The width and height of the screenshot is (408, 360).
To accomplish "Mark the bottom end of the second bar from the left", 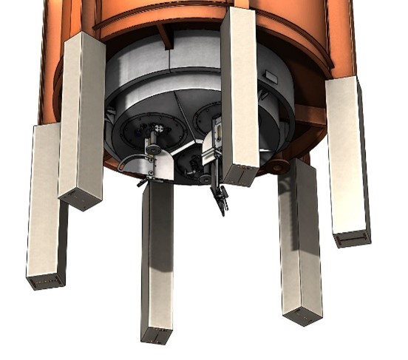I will pos(80,199).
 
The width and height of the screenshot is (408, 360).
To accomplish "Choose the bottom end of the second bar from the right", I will pos(302,316).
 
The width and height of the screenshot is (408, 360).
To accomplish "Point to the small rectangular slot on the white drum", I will pos(271,78).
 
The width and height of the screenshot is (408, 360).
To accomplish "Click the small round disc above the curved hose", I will pos(153,150).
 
